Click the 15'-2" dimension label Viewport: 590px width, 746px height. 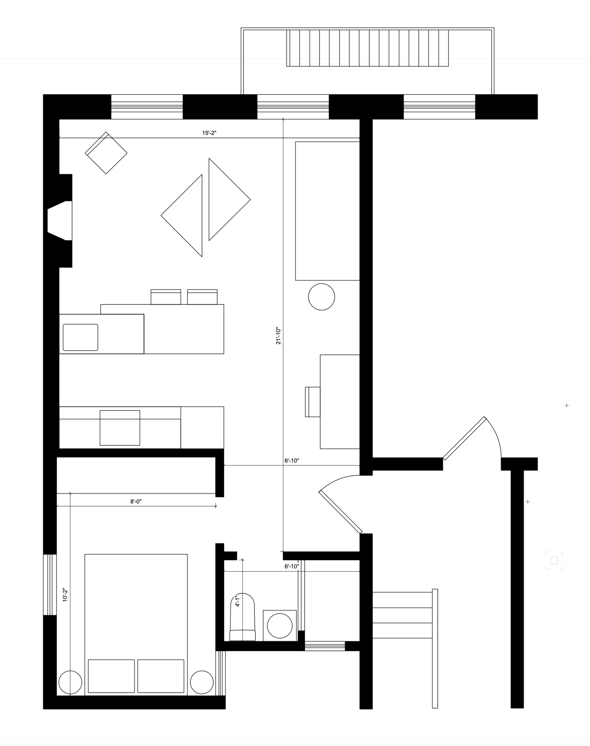(209, 133)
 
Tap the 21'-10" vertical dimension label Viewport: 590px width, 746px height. (278, 336)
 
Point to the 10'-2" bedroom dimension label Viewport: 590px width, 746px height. (65, 595)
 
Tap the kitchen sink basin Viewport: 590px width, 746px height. (80, 337)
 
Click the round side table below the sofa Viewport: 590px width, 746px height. (321, 297)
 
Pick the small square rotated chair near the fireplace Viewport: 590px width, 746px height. (106, 153)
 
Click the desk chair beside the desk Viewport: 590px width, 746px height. (313, 402)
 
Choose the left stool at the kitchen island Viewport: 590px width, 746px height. (166, 297)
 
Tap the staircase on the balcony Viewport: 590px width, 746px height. (367, 48)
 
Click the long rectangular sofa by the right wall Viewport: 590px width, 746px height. (327, 211)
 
